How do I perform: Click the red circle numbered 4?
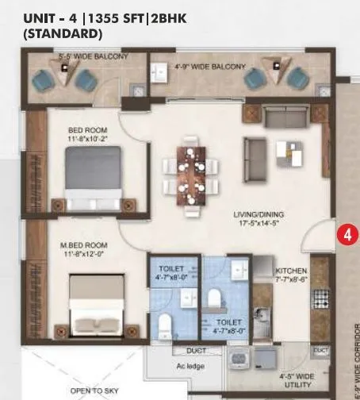346,235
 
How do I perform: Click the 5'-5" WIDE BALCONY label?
87,57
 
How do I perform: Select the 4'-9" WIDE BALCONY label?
209,67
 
